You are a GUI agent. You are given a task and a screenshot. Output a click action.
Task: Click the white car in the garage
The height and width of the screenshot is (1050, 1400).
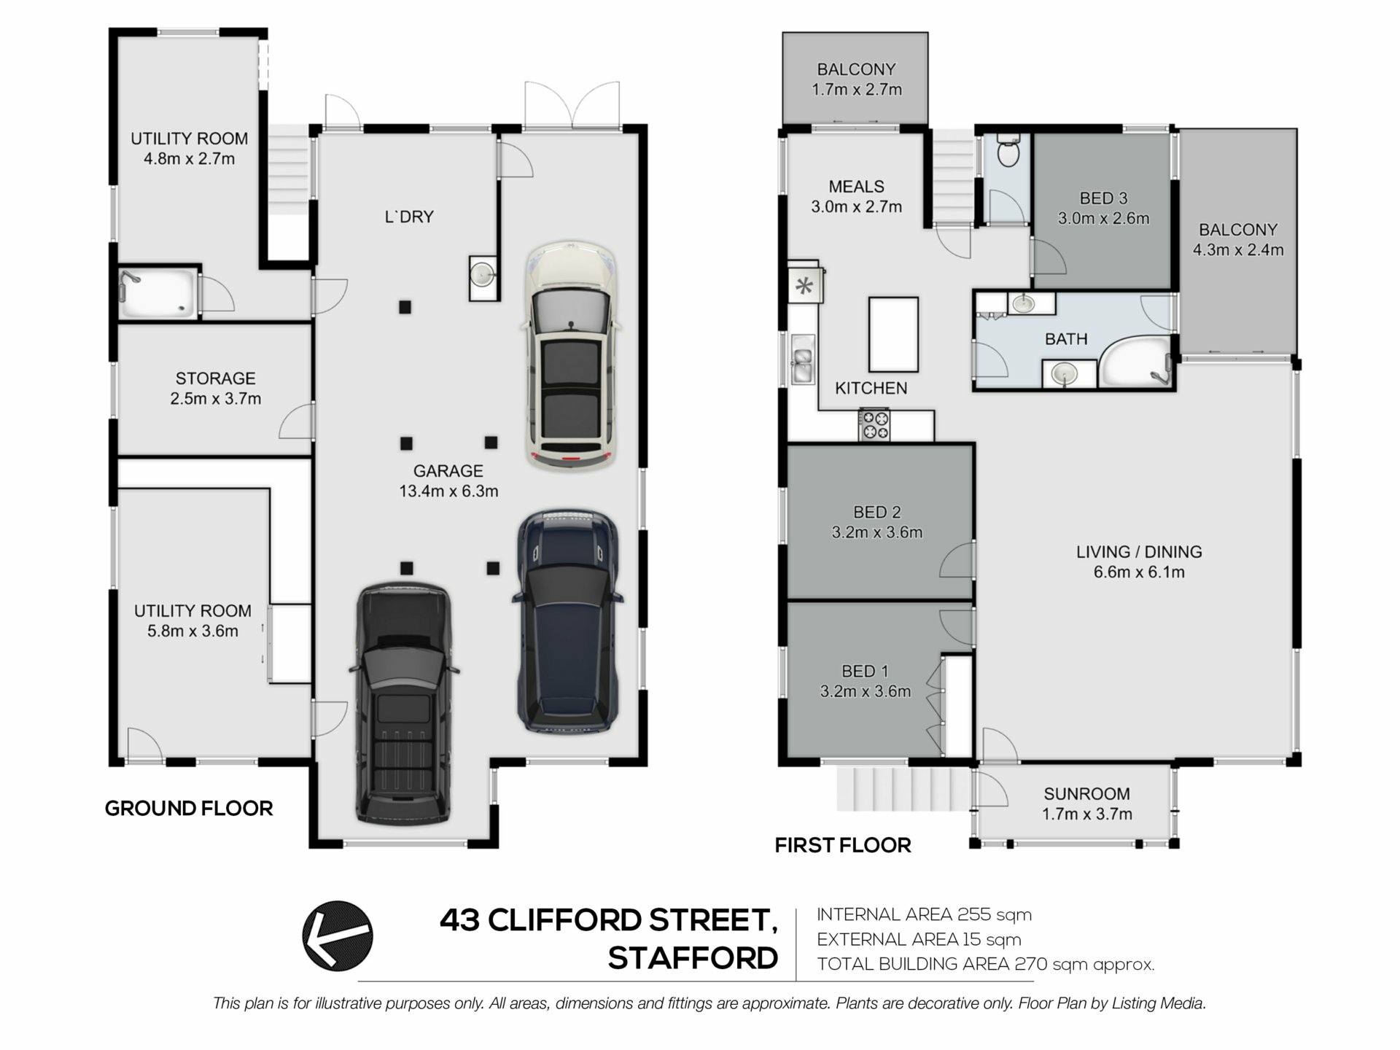pyautogui.click(x=571, y=356)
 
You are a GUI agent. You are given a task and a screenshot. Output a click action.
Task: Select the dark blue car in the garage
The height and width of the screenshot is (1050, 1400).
pyautogui.click(x=568, y=621)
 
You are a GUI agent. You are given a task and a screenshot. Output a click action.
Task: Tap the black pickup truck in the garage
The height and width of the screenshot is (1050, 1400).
pyautogui.click(x=404, y=704)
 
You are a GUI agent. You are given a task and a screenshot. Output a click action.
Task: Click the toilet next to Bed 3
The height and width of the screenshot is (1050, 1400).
pyautogui.click(x=1008, y=151)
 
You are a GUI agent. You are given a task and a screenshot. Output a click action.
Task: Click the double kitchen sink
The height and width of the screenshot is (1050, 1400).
pyautogui.click(x=803, y=359)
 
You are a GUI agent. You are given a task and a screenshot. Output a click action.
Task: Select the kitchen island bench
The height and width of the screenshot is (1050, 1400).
pyautogui.click(x=893, y=335)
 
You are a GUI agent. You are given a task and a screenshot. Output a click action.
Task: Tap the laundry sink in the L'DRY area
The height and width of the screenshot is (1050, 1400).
pyautogui.click(x=483, y=275)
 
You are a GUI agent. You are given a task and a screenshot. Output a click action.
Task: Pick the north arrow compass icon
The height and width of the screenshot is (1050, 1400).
pyautogui.click(x=338, y=936)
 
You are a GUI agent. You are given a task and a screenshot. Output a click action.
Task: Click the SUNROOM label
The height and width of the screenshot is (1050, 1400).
pyautogui.click(x=1086, y=793)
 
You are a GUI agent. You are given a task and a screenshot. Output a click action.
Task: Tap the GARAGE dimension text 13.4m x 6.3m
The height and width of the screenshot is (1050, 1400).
pyautogui.click(x=448, y=491)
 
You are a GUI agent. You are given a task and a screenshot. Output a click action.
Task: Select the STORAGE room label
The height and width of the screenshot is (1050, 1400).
pyautogui.click(x=216, y=378)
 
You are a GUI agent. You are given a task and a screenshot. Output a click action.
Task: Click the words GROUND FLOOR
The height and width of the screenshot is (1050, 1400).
pyautogui.click(x=189, y=808)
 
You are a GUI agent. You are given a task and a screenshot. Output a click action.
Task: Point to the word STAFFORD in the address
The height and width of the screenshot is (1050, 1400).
pyautogui.click(x=693, y=958)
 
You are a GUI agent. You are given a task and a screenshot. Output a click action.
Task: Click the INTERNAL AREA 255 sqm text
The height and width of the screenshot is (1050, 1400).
pyautogui.click(x=924, y=914)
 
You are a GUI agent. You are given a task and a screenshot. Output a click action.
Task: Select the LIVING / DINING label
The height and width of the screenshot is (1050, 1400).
pyautogui.click(x=1139, y=552)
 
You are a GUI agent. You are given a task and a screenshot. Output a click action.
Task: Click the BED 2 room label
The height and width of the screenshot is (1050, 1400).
pyautogui.click(x=876, y=513)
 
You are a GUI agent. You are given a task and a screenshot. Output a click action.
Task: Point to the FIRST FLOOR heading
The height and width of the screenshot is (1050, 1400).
pyautogui.click(x=843, y=845)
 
